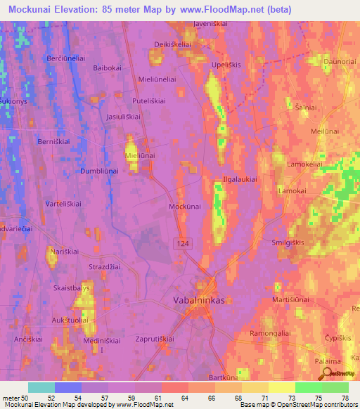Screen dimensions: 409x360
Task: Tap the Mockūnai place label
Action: (x=185, y=207)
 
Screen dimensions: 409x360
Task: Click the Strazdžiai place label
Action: (x=105, y=266)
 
